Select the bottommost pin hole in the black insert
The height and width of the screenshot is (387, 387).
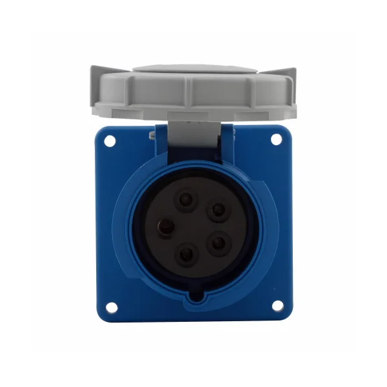click(187, 253)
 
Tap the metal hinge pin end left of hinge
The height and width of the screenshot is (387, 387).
click(151, 135)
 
